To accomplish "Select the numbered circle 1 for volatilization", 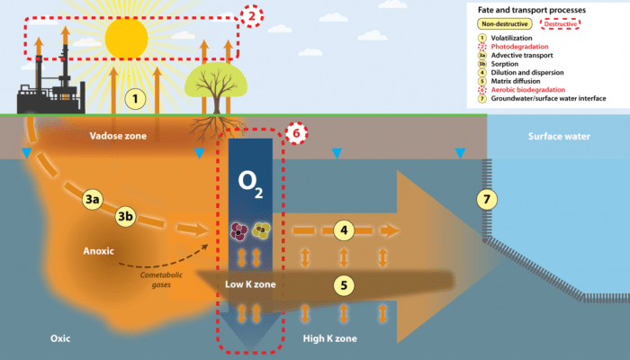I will pos(135,97).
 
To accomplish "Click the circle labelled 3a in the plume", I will pos(92,199).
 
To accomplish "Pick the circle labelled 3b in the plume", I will pos(128,216).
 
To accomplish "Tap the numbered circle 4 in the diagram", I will pos(341,230).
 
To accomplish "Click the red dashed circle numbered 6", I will pos(296,133).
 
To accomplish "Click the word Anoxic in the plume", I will pos(99,251).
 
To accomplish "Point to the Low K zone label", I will pos(250,285).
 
